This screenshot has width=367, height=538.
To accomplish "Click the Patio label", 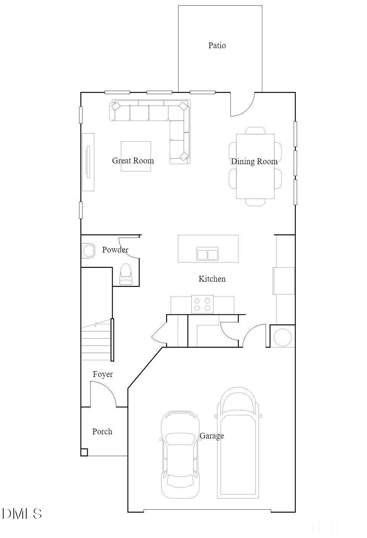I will (217, 46).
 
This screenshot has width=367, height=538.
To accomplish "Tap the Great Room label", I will (133, 161).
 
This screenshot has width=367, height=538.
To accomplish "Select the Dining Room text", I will (254, 161).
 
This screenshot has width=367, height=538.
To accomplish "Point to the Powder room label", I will (115, 250).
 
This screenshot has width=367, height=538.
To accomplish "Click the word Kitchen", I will (212, 279).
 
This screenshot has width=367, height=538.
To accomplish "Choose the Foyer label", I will (103, 374).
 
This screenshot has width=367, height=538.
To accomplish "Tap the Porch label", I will (102, 432).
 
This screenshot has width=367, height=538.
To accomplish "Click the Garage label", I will (212, 436).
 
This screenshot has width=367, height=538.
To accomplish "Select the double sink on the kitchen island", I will (207, 254).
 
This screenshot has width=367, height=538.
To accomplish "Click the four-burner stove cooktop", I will (202, 304).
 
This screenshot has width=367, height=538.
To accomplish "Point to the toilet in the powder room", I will (126, 274).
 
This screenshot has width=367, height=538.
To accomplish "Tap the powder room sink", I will (88, 251).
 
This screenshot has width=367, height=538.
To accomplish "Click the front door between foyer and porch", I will (103, 394).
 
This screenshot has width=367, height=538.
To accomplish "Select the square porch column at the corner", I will (84, 452).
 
